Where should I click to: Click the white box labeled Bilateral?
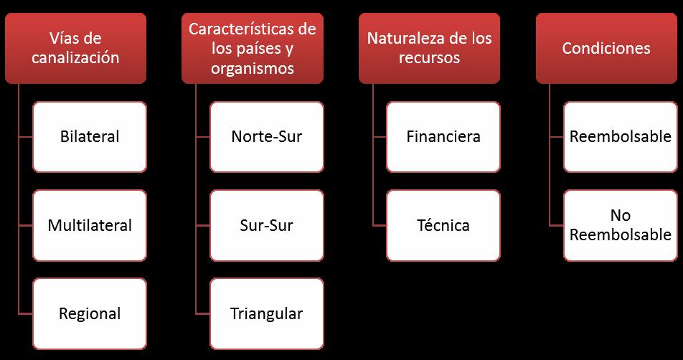(90, 136)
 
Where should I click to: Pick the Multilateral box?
(90, 225)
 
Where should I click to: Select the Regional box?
(90, 313)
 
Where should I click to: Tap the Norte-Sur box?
(267, 136)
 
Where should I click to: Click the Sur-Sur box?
(267, 225)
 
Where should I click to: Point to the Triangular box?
(267, 313)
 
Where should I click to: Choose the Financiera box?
(443, 136)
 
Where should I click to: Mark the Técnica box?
(443, 225)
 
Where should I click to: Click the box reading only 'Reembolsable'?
(621, 136)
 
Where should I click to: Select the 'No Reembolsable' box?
(621, 225)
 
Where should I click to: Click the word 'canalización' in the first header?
(85, 58)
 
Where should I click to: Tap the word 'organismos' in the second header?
(252, 69)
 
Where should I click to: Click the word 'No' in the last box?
(621, 216)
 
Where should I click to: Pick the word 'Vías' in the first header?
(65, 39)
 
